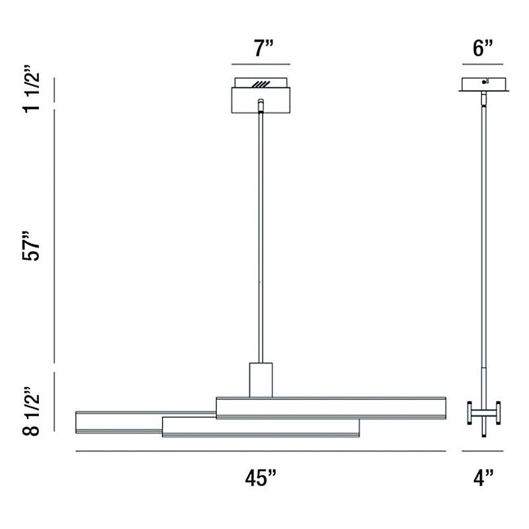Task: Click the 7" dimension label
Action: (263, 48)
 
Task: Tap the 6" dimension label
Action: (483, 48)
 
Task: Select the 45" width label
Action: (261, 477)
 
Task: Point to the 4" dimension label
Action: (483, 477)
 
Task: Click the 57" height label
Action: (31, 245)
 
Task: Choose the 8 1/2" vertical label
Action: (31, 411)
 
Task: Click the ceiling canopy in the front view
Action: (261, 95)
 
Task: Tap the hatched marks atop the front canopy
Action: (261, 85)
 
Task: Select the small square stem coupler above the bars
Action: (261, 380)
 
